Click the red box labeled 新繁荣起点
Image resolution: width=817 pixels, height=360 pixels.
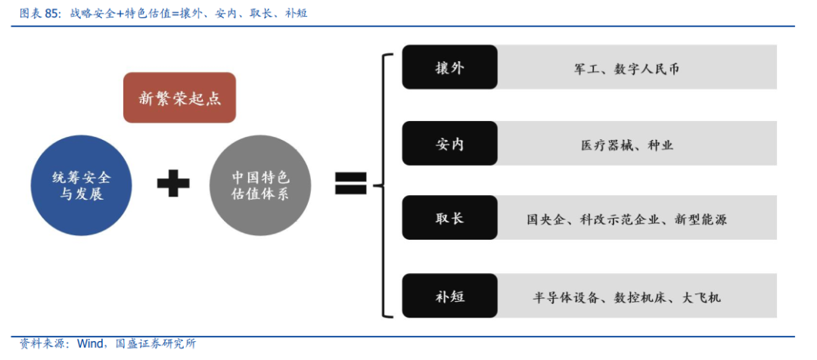pyautogui.click(x=179, y=98)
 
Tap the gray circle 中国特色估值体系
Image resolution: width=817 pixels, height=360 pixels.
pyautogui.click(x=260, y=185)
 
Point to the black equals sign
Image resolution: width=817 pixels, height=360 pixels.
pyautogui.click(x=350, y=184)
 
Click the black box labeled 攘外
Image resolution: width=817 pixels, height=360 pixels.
pyautogui.click(x=449, y=67)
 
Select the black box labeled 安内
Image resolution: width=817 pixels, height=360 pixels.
pyautogui.click(x=449, y=143)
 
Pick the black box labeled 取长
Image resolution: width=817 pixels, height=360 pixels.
pyautogui.click(x=449, y=218)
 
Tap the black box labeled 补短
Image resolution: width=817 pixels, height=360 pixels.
pyautogui.click(x=449, y=295)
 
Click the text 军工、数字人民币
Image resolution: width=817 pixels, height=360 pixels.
pyautogui.click(x=626, y=69)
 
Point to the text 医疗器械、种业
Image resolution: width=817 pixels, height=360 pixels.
pyautogui.click(x=626, y=144)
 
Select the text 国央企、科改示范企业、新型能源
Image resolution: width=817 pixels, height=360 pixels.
pyautogui.click(x=626, y=219)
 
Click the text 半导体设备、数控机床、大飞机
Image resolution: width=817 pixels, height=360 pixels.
pyautogui.click(x=626, y=296)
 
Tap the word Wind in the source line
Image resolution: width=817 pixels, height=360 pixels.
pyautogui.click(x=90, y=343)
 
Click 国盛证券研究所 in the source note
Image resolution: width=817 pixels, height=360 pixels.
pyautogui.click(x=155, y=343)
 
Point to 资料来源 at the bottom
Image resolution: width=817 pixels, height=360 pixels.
pyautogui.click(x=39, y=343)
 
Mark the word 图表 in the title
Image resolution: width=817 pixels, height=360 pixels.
pyautogui.click(x=30, y=13)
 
